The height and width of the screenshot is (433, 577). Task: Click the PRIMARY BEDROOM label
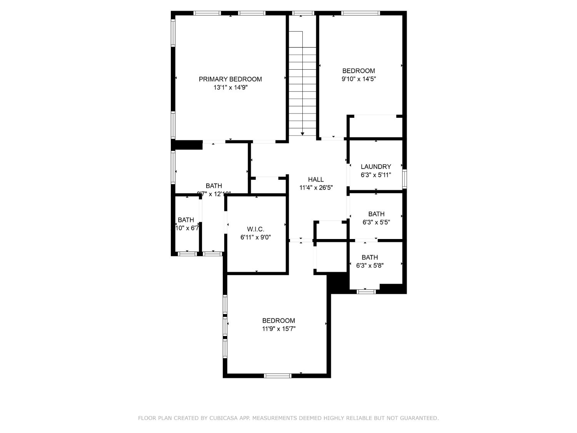click(x=230, y=79)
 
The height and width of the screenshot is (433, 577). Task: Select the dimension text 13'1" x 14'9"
click(x=230, y=88)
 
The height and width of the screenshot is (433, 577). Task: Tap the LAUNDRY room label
click(x=376, y=167)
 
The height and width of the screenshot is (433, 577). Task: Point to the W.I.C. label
click(x=255, y=229)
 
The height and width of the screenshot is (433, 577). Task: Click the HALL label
click(x=316, y=179)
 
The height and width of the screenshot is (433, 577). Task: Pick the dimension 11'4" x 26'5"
click(x=316, y=188)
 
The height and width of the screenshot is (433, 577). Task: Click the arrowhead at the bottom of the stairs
click(x=303, y=134)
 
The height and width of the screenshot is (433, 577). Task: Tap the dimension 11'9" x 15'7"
click(x=278, y=329)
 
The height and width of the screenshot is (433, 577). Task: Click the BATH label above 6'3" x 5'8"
click(x=370, y=257)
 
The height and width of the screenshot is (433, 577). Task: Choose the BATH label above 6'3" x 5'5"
click(x=376, y=214)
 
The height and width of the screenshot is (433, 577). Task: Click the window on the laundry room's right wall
click(x=404, y=179)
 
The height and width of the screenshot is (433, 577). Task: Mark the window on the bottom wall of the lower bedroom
click(x=277, y=376)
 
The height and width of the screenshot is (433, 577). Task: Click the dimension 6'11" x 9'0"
click(x=255, y=237)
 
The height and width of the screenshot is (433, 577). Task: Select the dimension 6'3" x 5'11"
click(x=376, y=175)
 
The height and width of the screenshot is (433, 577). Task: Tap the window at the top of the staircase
click(x=303, y=13)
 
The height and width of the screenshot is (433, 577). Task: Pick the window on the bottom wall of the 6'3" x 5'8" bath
click(x=366, y=292)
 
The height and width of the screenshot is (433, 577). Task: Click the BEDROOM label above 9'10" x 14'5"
click(x=359, y=71)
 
